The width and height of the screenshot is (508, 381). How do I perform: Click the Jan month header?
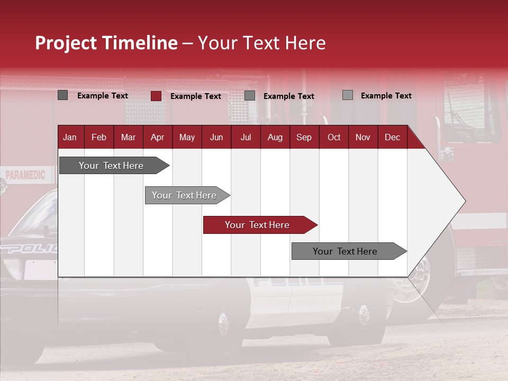[70, 138]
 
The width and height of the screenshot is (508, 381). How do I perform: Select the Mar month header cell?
[128, 138]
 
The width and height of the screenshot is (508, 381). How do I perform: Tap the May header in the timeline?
[187, 138]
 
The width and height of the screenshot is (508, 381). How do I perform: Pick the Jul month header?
[246, 138]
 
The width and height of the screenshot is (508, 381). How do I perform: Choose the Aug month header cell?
[275, 138]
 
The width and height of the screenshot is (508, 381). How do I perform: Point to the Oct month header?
[334, 138]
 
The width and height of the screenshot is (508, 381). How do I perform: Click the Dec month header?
[392, 138]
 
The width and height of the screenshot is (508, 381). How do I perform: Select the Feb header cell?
[99, 138]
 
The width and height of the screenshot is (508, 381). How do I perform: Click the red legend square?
[156, 96]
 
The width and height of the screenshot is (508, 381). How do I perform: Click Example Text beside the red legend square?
[195, 96]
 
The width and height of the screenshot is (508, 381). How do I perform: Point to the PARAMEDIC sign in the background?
[25, 175]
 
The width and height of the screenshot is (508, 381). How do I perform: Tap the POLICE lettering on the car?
[29, 249]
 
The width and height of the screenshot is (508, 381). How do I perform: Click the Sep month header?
[304, 138]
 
